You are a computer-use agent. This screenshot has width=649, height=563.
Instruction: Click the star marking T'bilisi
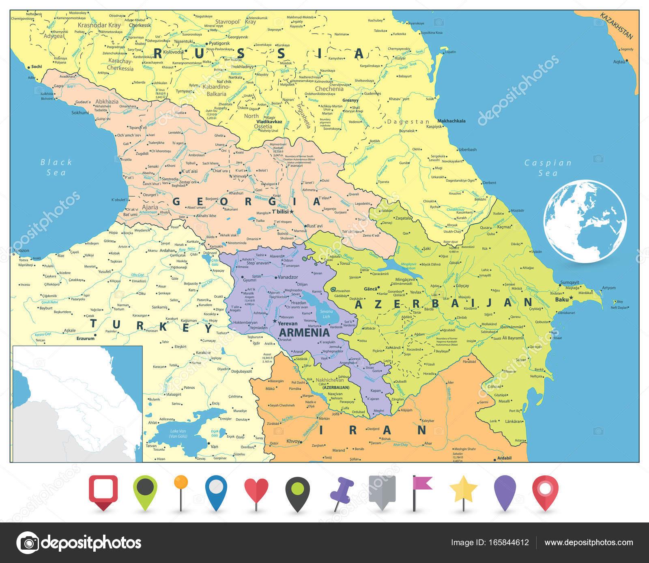tap(291, 212)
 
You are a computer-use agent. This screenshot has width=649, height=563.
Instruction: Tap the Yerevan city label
tap(288, 323)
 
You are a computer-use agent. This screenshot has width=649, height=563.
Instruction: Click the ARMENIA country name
tap(304, 333)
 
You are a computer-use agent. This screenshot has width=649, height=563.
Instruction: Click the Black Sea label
tap(56, 167)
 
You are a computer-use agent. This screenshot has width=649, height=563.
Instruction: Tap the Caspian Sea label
tap(548, 168)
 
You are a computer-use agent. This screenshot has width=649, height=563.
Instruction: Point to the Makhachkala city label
tap(451, 121)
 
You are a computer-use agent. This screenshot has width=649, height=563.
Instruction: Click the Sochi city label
tap(37, 66)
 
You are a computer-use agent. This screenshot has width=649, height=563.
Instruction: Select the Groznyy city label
tap(350, 100)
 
